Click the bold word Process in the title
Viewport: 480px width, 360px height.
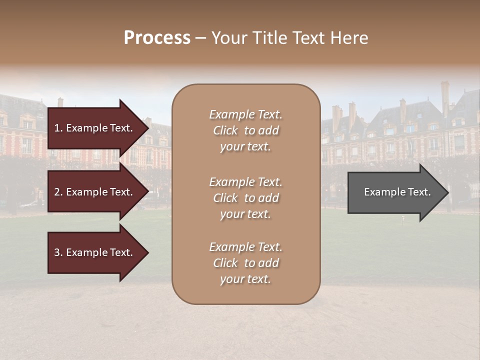(x=157, y=38)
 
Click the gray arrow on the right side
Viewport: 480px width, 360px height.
(x=395, y=192)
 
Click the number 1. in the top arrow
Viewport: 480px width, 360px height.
(x=58, y=128)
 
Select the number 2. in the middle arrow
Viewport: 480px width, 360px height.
(x=58, y=192)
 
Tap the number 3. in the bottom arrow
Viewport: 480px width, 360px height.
(x=58, y=252)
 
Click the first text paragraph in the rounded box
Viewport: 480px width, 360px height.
(x=245, y=130)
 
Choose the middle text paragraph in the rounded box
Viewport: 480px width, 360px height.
(x=245, y=198)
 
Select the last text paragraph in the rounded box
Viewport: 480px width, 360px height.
(x=245, y=263)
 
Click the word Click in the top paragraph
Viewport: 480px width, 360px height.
(x=225, y=130)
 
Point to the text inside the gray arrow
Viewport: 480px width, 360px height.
(x=397, y=192)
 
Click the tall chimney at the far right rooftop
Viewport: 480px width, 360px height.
(x=444, y=97)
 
